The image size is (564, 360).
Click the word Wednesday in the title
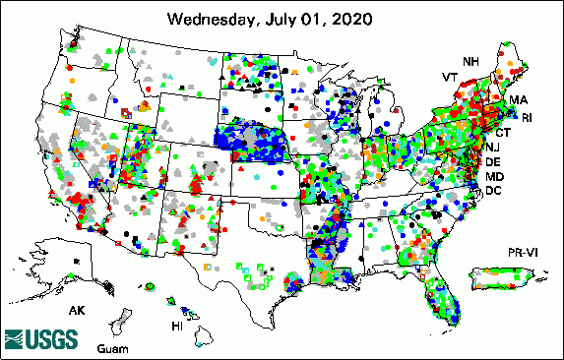coord(211,19)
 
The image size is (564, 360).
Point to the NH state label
coord(472,61)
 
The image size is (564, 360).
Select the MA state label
coord(519,101)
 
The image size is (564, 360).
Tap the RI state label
coord(527,118)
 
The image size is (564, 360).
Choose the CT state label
coord(502,132)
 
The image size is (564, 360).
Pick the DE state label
coord(494,161)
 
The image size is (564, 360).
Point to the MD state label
coord(495,176)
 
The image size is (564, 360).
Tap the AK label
coord(76,310)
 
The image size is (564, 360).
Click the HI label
coord(178,326)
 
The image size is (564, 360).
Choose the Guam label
coord(111,350)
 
